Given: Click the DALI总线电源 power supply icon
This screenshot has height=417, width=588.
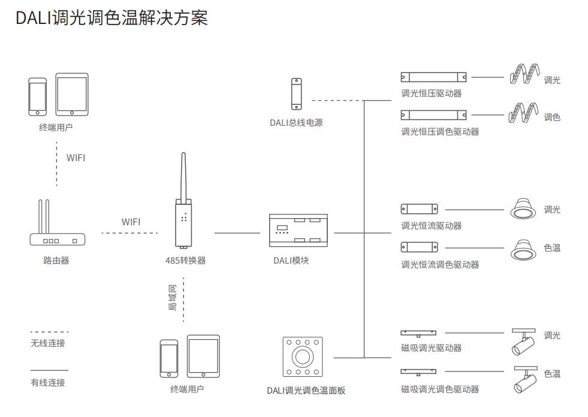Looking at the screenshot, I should pyautogui.click(x=297, y=94).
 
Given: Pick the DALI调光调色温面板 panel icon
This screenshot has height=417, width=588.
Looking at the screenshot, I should pyautogui.click(x=302, y=356).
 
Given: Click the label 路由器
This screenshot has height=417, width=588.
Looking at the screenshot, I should pyautogui.click(x=56, y=261).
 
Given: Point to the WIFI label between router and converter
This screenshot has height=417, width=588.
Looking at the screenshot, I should pyautogui.click(x=131, y=222).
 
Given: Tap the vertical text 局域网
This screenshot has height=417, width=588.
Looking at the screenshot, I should pyautogui.click(x=173, y=298).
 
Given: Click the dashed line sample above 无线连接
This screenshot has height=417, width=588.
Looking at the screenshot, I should pyautogui.click(x=49, y=332).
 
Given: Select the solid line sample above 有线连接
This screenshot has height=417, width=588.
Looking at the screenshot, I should pyautogui.click(x=49, y=370).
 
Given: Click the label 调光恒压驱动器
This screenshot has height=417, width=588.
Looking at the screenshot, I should pyautogui.click(x=431, y=93).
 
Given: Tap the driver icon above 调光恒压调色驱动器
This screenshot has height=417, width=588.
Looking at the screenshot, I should pyautogui.click(x=433, y=115).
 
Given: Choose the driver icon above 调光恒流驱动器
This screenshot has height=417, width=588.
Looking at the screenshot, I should pyautogui.click(x=419, y=209).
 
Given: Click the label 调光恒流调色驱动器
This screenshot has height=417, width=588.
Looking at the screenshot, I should pyautogui.click(x=440, y=264).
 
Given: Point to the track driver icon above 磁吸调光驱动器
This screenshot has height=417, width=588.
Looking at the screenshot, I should pyautogui.click(x=418, y=333).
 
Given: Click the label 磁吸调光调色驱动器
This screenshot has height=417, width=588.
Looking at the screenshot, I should pyautogui.click(x=440, y=389).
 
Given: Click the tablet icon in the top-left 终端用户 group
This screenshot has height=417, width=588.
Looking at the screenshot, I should pyautogui.click(x=72, y=94).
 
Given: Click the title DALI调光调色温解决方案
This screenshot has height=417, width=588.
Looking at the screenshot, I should pyautogui.click(x=111, y=17).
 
